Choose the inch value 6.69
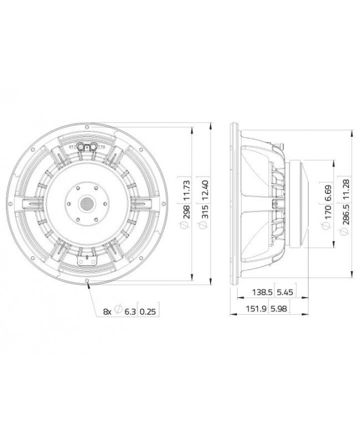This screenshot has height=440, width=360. (x=328, y=192)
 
